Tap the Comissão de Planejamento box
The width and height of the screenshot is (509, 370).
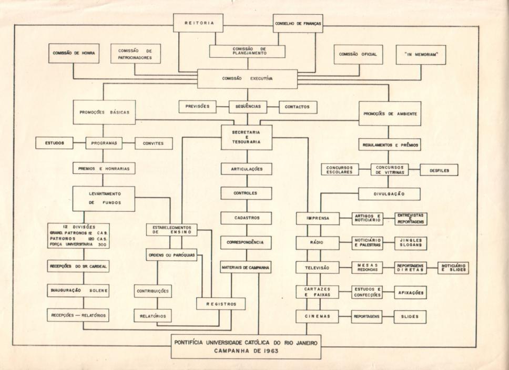247,51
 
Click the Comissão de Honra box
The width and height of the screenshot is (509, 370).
73,54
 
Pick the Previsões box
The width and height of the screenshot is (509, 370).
197,106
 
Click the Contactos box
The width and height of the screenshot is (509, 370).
298,107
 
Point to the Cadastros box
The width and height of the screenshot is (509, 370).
246,217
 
